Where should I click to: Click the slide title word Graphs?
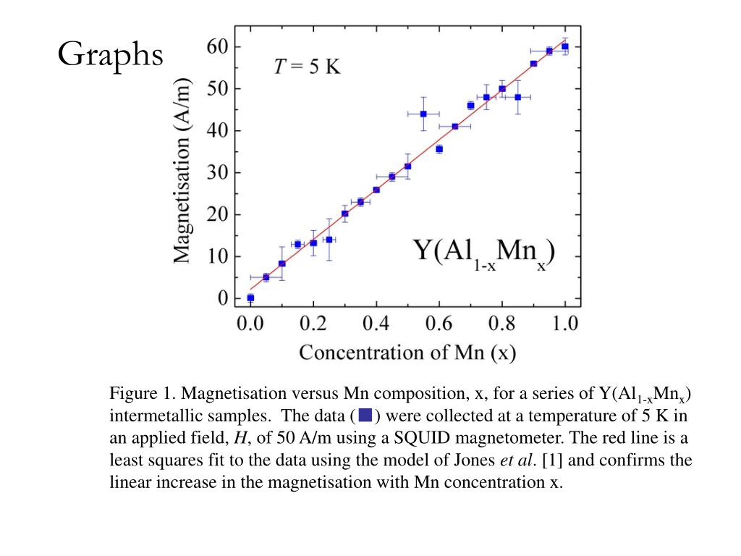pyautogui.click(x=111, y=54)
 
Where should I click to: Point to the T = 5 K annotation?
pyautogui.click(x=306, y=67)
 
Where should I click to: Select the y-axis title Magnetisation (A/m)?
pyautogui.click(x=184, y=171)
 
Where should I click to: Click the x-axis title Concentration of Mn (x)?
pyautogui.click(x=407, y=353)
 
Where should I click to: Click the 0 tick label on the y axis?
pyautogui.click(x=222, y=298)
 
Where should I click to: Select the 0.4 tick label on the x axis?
pyautogui.click(x=376, y=323)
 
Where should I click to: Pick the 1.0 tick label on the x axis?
pyautogui.click(x=565, y=323)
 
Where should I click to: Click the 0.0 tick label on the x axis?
pyautogui.click(x=250, y=323)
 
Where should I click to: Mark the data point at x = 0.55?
pyautogui.click(x=423, y=114)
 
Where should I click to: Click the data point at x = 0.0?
pyautogui.click(x=250, y=298)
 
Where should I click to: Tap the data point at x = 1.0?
pyautogui.click(x=565, y=47)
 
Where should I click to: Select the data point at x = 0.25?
pyautogui.click(x=329, y=240)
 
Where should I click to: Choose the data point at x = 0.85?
pyautogui.click(x=517, y=97)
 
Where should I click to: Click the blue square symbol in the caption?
pyautogui.click(x=365, y=416)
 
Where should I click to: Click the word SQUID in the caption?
pyautogui.click(x=467, y=438)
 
